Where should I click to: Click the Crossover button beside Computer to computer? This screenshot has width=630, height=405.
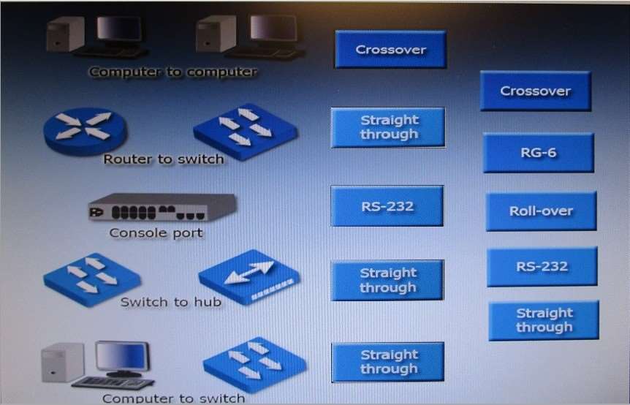pos(390,49)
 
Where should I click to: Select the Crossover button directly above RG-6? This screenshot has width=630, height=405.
pos(536,91)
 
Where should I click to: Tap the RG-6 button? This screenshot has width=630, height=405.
pos(539,153)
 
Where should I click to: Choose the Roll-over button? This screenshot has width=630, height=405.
pos(542,211)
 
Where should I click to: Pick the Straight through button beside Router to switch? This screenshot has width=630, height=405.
pos(388,127)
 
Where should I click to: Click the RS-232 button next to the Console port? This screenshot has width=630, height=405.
pos(387,205)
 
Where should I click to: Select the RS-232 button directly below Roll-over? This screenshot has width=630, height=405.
pos(542,266)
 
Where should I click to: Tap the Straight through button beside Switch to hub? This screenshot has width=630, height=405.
pos(387,280)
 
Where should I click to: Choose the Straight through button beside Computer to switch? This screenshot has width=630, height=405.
pos(388,362)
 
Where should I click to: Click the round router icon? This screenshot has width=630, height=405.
pos(86,131)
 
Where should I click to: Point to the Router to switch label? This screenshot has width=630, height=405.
pos(164,159)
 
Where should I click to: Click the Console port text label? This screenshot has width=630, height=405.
pos(156,233)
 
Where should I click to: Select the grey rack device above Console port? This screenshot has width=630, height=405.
pos(162,207)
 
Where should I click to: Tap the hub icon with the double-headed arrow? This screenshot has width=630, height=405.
pos(249,276)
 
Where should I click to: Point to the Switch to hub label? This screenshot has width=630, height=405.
pos(171,302)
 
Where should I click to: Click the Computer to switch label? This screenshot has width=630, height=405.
pos(173,398)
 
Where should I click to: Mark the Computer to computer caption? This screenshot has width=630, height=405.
pos(172,72)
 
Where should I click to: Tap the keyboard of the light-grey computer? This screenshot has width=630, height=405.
pos(113,382)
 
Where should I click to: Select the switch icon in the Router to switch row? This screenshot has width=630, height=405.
pos(246,132)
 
